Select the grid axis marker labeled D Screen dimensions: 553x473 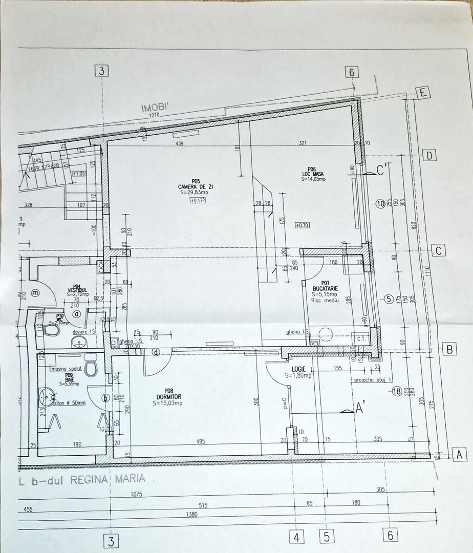coord(430,155)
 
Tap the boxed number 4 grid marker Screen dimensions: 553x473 coord(297,537)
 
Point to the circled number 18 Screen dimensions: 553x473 coord(396,392)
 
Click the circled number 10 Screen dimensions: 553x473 coord(380,203)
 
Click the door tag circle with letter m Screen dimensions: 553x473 coord(35,293)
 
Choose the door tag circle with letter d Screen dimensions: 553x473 coord(154,351)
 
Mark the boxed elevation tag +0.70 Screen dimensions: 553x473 coord(303,225)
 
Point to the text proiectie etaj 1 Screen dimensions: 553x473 coord(373,380)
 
